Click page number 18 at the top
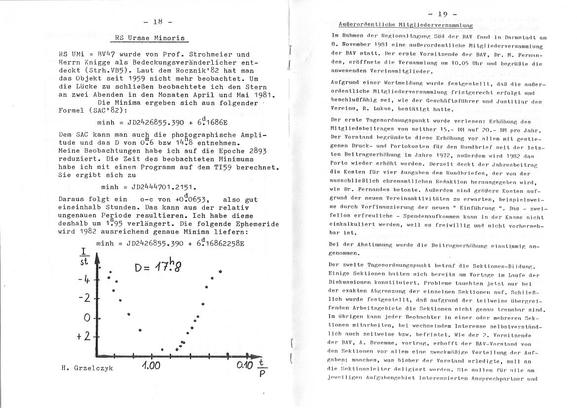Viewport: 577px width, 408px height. point(157,21)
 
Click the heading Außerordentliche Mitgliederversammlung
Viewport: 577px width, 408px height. point(406,25)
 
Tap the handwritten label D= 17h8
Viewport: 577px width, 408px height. point(157,268)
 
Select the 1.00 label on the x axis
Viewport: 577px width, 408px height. point(151,366)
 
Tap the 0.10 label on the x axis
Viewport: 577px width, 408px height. point(245,366)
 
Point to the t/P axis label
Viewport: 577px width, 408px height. point(262,368)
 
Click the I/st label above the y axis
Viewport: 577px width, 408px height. point(84,257)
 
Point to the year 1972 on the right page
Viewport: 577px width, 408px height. point(399,168)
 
